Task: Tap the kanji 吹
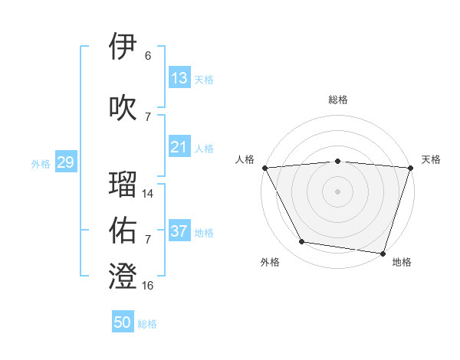[123, 106]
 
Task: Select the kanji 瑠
[123, 184]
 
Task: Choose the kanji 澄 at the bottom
[123, 276]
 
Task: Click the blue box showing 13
[179, 78]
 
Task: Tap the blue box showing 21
[179, 147]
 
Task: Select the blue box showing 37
[179, 231]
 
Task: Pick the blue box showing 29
[65, 162]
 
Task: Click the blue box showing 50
[123, 322]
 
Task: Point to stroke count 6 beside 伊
[148, 56]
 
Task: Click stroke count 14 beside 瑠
[148, 194]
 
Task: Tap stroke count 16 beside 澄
[148, 286]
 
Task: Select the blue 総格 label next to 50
[147, 324]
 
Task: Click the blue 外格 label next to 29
[41, 164]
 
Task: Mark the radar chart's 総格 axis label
[337, 100]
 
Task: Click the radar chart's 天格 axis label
[431, 159]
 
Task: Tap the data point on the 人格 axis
[264, 167]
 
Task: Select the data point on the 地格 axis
[382, 252]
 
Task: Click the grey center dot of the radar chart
[337, 191]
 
